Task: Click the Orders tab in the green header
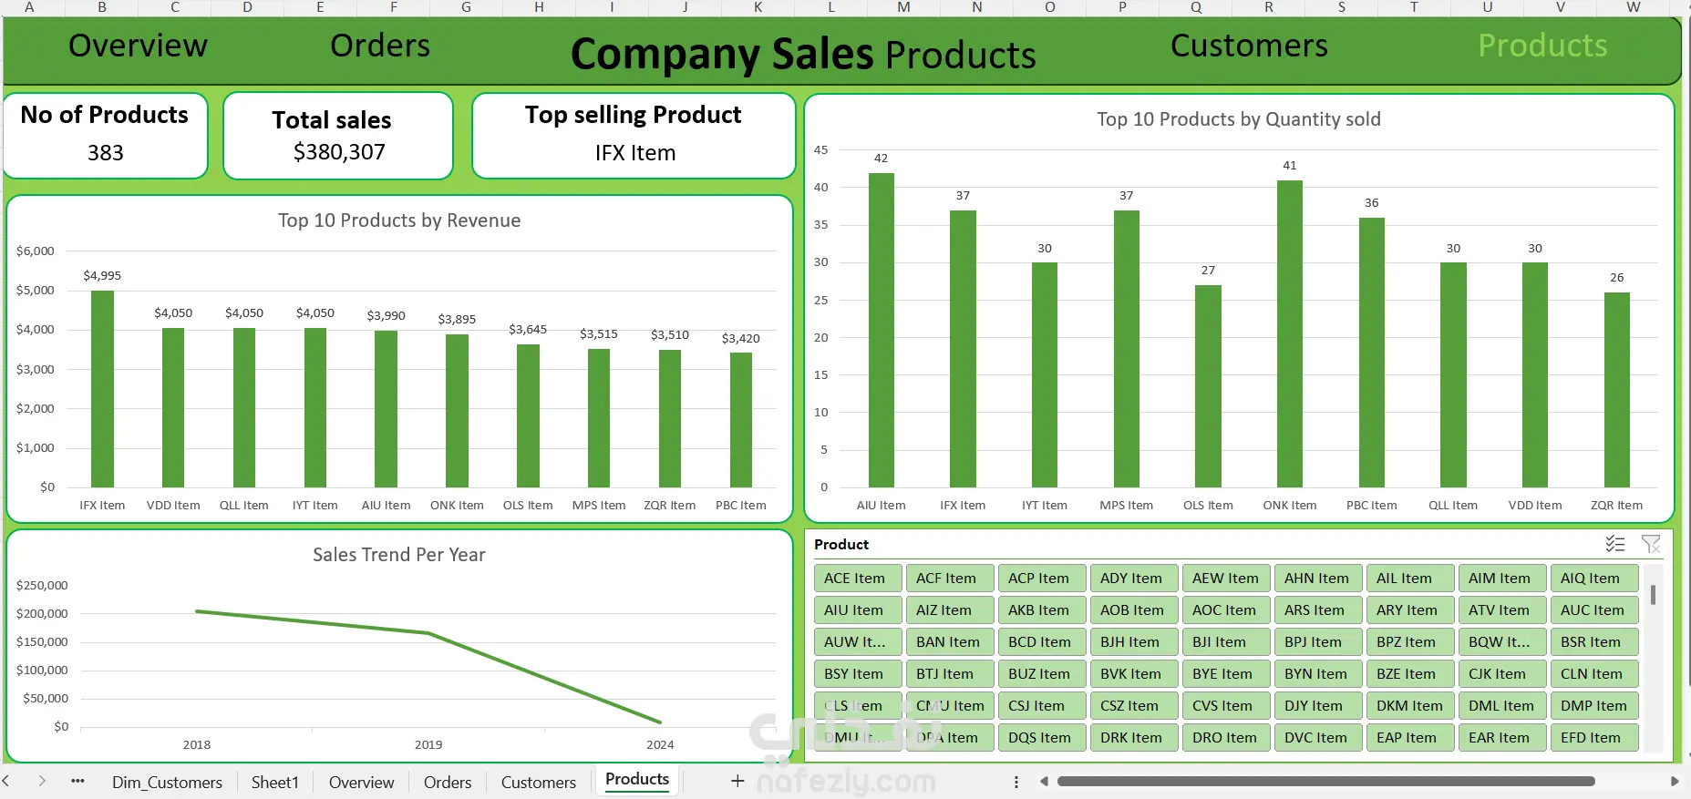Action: pos(379,46)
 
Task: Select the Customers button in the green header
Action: pos(1248,46)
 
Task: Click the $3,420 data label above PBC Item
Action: pos(740,338)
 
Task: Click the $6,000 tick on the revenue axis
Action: pos(36,251)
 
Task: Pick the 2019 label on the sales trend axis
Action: pos(428,744)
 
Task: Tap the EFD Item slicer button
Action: pos(1593,738)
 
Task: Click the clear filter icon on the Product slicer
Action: pos(1650,544)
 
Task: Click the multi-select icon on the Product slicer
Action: pos(1614,544)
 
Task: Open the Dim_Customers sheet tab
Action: pos(167,782)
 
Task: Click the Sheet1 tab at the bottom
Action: pos(274,782)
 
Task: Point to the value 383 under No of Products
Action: pos(106,153)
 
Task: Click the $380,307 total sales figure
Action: pos(339,152)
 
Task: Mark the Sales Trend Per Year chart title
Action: pos(398,555)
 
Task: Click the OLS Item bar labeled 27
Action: pos(1208,386)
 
